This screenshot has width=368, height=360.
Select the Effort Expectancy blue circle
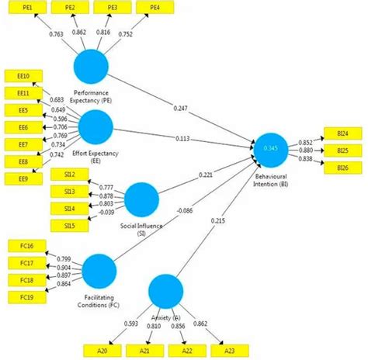pyautogui.click(x=96, y=126)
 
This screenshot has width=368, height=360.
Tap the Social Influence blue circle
pyautogui.click(x=141, y=200)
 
